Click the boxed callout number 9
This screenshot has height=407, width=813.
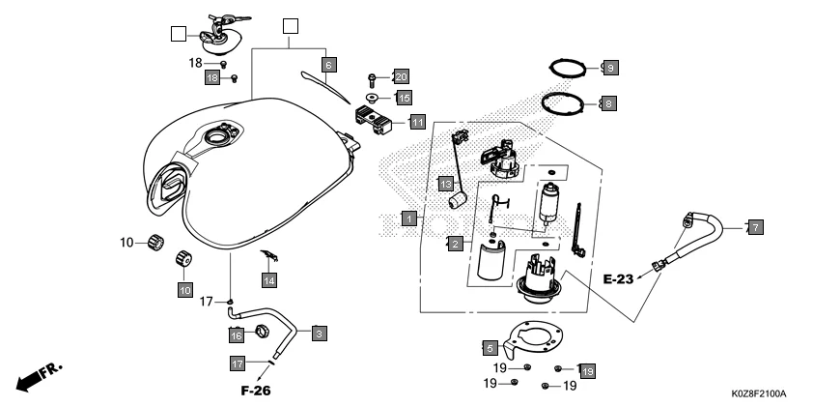coord(608,68)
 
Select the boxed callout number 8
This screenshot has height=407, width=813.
coord(608,102)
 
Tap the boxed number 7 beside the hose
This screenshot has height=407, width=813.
coord(755,227)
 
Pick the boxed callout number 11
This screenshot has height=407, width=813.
coord(416,123)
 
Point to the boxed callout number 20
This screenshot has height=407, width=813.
coord(401,76)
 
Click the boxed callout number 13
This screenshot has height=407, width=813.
coord(446,184)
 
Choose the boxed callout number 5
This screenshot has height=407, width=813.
coord(489,345)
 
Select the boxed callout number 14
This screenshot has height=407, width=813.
coord(269,279)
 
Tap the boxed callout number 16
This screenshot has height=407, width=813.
coord(235,334)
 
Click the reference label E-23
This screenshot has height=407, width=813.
coord(620,279)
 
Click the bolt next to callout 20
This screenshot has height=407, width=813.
coord(373,75)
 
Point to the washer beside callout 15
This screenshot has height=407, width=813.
coord(375,97)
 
